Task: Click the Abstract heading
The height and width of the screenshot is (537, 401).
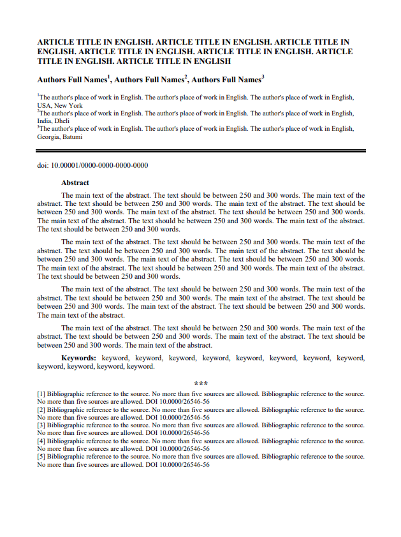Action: (x=75, y=182)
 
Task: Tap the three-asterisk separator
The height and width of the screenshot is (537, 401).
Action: (x=201, y=383)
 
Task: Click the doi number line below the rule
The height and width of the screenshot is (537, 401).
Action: (x=92, y=166)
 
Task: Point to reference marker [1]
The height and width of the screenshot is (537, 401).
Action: (x=41, y=394)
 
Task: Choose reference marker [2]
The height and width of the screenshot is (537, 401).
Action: (x=41, y=409)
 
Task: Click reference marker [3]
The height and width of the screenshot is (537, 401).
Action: (x=41, y=425)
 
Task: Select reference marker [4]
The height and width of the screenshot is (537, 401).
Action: (x=41, y=441)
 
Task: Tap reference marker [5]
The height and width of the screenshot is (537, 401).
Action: (x=41, y=457)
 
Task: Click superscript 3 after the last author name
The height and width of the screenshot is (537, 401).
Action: (x=263, y=77)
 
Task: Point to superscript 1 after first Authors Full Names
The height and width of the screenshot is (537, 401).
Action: (x=110, y=77)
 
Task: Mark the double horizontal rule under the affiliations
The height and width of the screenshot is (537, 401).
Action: (x=201, y=151)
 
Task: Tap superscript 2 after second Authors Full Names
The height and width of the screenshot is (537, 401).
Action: (x=186, y=77)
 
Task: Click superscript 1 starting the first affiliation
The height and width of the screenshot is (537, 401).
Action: (x=38, y=96)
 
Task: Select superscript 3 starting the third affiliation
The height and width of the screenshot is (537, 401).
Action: (x=38, y=127)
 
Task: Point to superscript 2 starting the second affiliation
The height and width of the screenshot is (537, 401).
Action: (x=38, y=111)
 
